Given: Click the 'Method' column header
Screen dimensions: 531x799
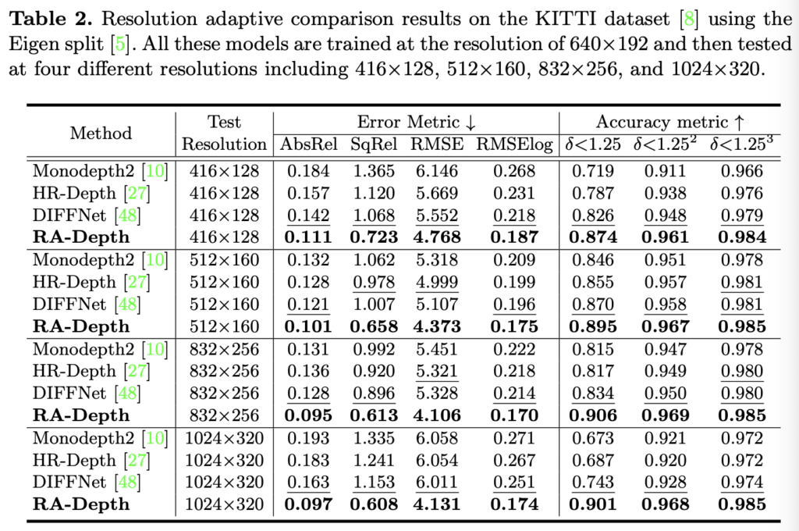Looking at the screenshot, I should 101,133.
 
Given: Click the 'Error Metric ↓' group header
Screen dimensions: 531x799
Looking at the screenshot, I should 416,122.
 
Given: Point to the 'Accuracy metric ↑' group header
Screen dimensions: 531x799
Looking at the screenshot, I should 670,122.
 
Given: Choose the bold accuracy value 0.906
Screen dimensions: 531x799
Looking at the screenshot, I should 595,415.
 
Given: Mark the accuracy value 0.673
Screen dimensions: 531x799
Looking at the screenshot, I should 595,438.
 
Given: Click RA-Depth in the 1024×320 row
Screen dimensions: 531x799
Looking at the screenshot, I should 81,504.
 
